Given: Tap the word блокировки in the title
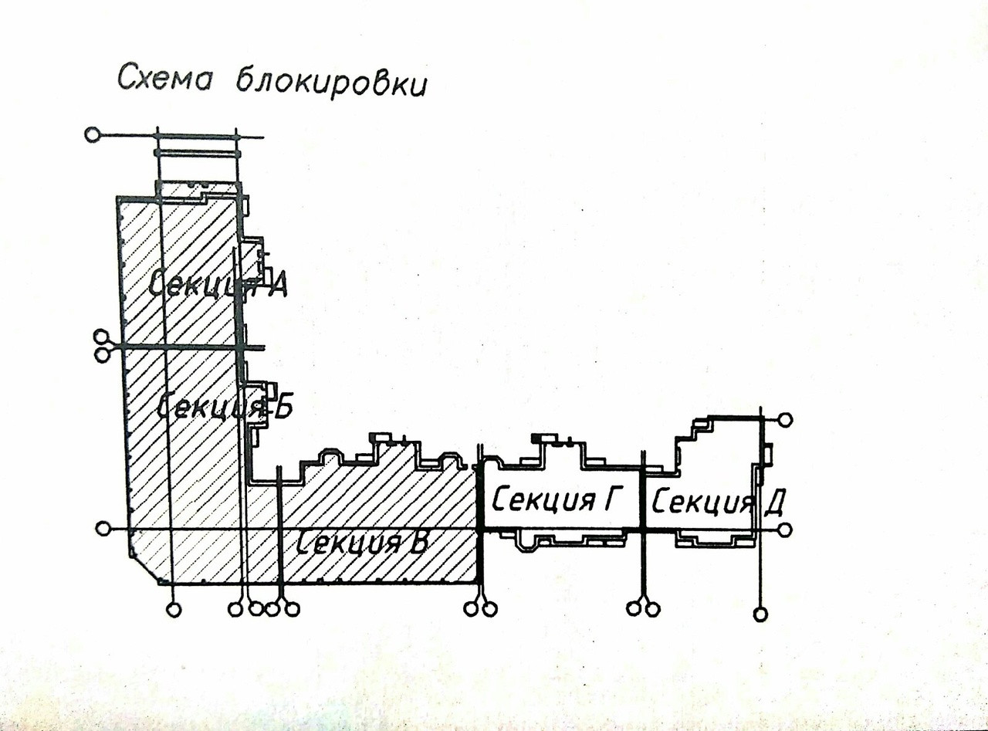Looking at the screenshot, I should tap(330, 84).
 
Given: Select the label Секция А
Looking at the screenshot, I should tap(218, 286).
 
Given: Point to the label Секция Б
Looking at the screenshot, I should tap(225, 406).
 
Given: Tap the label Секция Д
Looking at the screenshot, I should tap(719, 503).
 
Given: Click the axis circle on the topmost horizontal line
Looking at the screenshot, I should tap(92, 135).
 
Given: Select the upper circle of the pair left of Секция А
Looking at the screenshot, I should tap(101, 337).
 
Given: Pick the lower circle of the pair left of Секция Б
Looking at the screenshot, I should tap(101, 355).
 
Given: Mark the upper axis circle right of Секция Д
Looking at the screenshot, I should tap(785, 420).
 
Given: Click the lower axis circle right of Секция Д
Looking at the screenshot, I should tap(785, 530).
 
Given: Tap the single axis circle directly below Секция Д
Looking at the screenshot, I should tap(761, 614).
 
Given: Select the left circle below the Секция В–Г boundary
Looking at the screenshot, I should tap(471, 609).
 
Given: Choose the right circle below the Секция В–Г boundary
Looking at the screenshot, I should tap(489, 609).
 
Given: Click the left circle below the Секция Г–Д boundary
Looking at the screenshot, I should tap(634, 609).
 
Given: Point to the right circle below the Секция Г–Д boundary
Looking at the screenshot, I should tap(652, 609).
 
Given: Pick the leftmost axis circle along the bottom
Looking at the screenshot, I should tap(174, 610).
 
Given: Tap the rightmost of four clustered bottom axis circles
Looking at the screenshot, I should tap(291, 609).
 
